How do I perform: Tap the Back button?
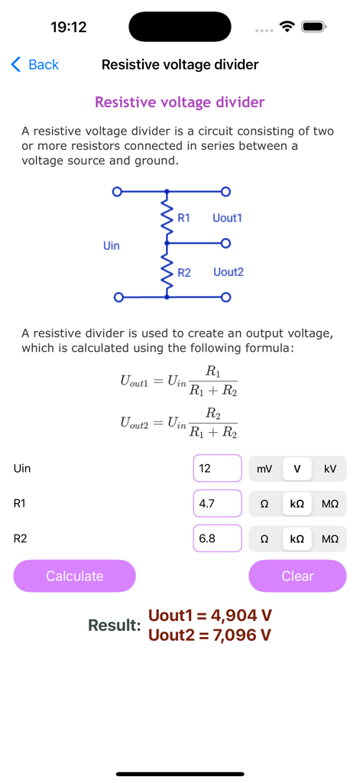(35, 65)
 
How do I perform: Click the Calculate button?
(74, 576)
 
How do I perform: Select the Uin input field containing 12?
(217, 469)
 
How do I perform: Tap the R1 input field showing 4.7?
(217, 504)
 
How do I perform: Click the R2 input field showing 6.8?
(217, 538)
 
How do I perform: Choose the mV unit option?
(264, 469)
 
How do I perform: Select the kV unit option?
(330, 469)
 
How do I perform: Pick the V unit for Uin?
(297, 469)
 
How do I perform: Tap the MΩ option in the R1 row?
(330, 504)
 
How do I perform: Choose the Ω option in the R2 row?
(264, 538)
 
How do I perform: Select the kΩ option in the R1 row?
(297, 504)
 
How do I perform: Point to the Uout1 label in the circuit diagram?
(227, 218)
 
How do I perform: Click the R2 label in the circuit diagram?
(184, 272)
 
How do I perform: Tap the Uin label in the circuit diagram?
(111, 245)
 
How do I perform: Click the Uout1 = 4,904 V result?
(210, 616)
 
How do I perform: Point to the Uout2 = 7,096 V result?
(210, 635)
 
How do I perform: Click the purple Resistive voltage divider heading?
(180, 102)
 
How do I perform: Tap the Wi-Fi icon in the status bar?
(287, 27)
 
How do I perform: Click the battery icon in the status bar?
(313, 27)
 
